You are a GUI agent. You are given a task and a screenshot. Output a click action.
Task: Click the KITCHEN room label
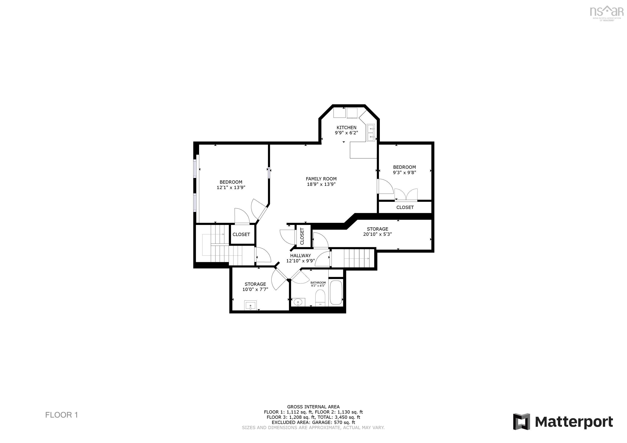346,127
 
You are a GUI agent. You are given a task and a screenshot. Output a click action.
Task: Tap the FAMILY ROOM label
321,179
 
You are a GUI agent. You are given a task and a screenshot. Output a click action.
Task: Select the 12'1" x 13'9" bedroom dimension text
231,188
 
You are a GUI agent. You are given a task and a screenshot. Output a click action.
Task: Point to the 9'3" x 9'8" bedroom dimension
405,172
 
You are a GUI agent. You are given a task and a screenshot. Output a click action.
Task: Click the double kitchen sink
371,133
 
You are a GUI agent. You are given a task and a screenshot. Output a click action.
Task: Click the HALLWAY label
300,256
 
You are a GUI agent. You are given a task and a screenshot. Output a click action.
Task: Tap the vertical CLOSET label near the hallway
302,236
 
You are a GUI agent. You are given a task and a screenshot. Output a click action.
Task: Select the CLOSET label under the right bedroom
405,207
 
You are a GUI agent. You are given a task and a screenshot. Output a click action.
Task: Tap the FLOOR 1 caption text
61,415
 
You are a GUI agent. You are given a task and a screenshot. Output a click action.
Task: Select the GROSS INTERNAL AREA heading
313,407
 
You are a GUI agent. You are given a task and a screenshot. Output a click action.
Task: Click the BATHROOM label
318,283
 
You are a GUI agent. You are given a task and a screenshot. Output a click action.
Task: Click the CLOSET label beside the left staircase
241,234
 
